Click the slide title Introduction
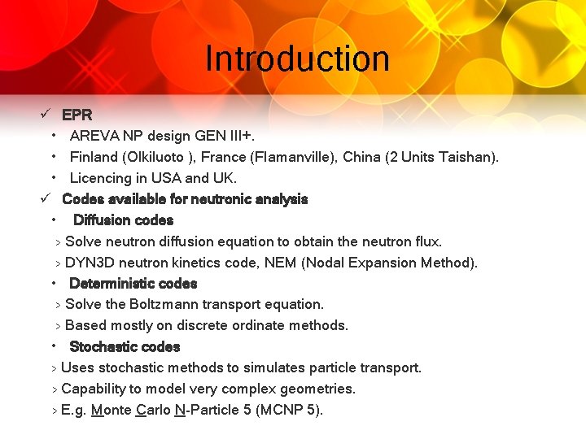(x=297, y=59)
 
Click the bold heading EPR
(x=77, y=115)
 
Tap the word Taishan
(x=466, y=157)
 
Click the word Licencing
(x=100, y=178)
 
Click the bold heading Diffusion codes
(x=123, y=220)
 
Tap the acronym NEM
(x=316, y=263)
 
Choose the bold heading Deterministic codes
(x=133, y=284)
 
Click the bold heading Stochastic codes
(x=125, y=347)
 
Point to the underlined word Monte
(x=112, y=411)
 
